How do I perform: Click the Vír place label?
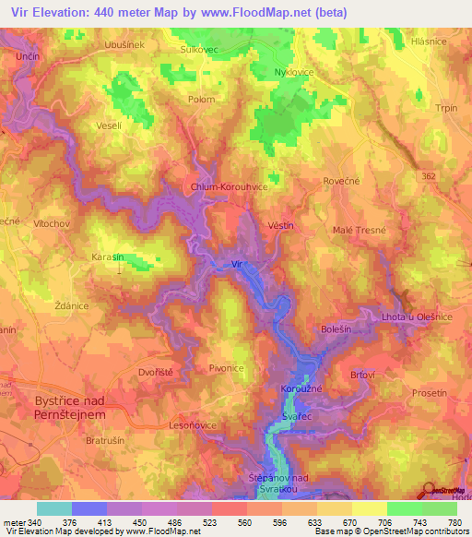[x=239, y=264]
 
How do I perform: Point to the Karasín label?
[x=108, y=257]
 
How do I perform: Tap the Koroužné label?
[x=301, y=389]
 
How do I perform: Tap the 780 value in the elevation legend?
[x=454, y=521]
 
